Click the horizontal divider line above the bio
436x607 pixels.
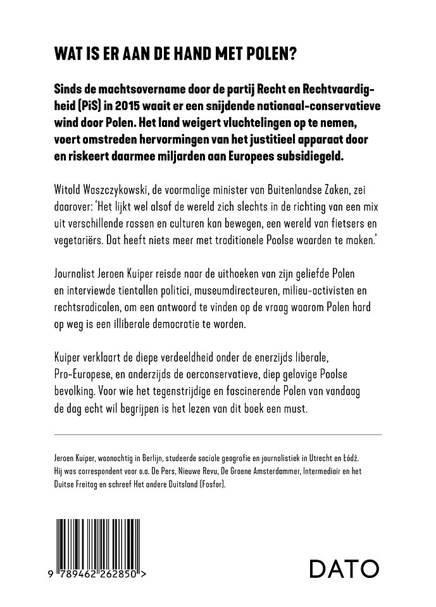218,434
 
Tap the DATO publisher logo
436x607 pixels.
344,568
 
